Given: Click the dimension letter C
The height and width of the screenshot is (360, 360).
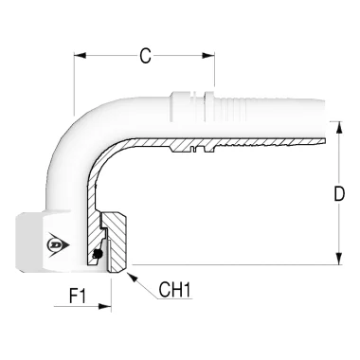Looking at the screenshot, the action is pyautogui.click(x=145, y=56).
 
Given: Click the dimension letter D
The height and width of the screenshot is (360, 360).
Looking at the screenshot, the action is pyautogui.click(x=339, y=194).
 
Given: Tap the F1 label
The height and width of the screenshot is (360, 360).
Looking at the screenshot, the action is pyautogui.click(x=78, y=296).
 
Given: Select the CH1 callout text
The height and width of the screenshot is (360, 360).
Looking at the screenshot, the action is pyautogui.click(x=175, y=290).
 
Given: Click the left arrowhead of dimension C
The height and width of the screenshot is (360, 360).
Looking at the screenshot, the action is pyautogui.click(x=80, y=56).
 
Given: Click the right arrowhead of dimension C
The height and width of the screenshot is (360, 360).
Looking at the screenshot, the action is pyautogui.click(x=208, y=56).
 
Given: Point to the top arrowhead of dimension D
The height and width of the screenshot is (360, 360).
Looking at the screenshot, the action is pyautogui.click(x=339, y=128).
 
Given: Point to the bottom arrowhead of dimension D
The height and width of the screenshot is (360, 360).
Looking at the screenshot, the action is pyautogui.click(x=339, y=259).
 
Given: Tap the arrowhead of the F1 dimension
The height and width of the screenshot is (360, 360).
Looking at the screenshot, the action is pyautogui.click(x=105, y=306).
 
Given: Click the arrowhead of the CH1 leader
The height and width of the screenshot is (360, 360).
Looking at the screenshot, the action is pyautogui.click(x=132, y=277).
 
